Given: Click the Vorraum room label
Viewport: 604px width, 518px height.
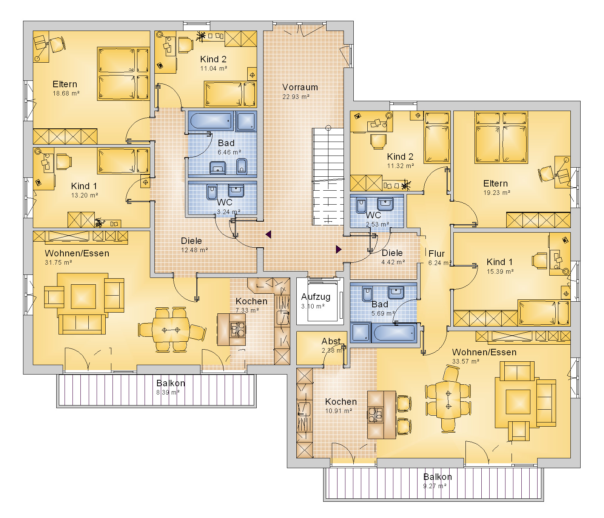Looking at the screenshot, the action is point(300,87).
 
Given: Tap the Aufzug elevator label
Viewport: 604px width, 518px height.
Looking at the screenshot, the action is point(316,297).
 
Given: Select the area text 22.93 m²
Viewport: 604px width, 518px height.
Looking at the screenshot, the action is point(296,97).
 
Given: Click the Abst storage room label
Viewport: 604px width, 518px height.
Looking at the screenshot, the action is point(331,341).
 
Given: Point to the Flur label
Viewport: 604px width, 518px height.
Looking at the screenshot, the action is point(436,254).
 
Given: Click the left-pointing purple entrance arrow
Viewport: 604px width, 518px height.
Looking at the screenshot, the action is point(268,234).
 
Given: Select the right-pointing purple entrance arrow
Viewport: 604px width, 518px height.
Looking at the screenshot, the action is point(339,249).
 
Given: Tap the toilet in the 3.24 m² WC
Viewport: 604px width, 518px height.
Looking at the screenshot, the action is point(212,192).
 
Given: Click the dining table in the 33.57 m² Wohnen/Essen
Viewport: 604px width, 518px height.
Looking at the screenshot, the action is point(448,400).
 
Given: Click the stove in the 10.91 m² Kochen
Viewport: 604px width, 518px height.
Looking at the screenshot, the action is point(376,415).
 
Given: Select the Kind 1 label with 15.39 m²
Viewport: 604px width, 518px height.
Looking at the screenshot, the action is point(499,262).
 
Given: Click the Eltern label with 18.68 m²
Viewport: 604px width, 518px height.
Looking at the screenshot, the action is point(65,84).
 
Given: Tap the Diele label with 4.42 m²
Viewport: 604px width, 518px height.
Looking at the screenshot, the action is point(392,253).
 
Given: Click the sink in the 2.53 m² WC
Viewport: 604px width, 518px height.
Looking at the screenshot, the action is point(385,204).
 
